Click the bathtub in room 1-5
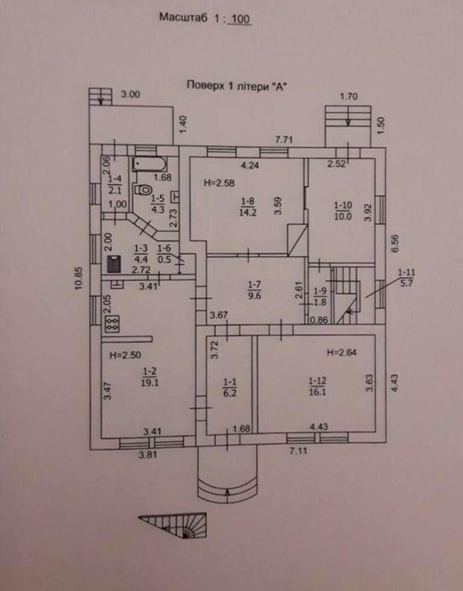150,164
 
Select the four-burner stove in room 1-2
112,324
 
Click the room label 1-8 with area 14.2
248,206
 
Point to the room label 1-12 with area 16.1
318,386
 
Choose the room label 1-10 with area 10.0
343,211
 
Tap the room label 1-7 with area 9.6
254,290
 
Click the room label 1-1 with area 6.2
230,388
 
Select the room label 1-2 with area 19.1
150,377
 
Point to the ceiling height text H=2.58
219,183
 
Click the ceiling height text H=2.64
342,352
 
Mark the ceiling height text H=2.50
125,355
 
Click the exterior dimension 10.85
79,278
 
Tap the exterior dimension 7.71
284,140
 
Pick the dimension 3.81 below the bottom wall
148,455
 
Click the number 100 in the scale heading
241,19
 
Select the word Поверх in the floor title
205,85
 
